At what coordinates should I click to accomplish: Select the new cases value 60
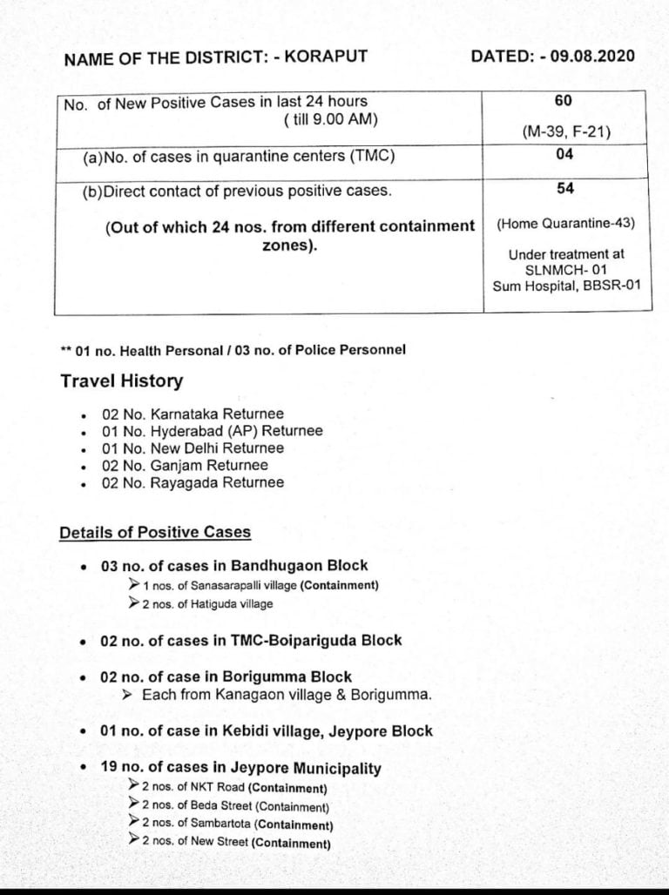(563, 101)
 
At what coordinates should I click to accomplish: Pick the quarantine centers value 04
(564, 155)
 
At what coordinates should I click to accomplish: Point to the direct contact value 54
(564, 188)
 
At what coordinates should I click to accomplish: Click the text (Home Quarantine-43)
(565, 223)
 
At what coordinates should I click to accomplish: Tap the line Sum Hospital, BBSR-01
(565, 285)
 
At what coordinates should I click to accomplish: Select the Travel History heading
(121, 381)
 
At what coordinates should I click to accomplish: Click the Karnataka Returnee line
(193, 414)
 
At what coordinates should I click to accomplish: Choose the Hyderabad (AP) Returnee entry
(212, 431)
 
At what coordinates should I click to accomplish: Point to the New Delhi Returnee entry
(193, 448)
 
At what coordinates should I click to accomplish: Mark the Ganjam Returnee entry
(185, 465)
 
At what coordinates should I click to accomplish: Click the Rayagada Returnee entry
(193, 482)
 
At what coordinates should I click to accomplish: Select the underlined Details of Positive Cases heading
(155, 532)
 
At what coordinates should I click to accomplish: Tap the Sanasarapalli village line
(260, 586)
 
